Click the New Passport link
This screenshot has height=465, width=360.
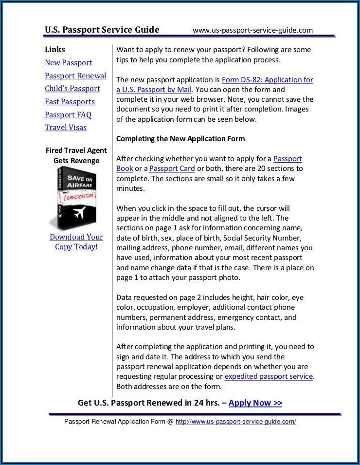pyautogui.click(x=68, y=63)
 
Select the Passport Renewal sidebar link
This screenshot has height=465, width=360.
pyautogui.click(x=75, y=76)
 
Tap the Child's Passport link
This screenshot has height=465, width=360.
pyautogui.click(x=72, y=89)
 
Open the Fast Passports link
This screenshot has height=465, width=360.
pyautogui.click(x=70, y=102)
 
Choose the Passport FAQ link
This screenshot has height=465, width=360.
pyautogui.click(x=68, y=115)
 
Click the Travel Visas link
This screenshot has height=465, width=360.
pyautogui.click(x=66, y=128)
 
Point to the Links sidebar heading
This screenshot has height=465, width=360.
pyautogui.click(x=54, y=50)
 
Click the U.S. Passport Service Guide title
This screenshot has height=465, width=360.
pyautogui.click(x=102, y=30)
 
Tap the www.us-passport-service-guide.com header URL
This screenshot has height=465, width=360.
pyautogui.click(x=252, y=30)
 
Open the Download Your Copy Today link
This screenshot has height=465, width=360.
pyautogui.click(x=76, y=242)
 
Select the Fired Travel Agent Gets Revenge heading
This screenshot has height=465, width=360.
pyautogui.click(x=76, y=155)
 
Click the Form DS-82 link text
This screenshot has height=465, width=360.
pyautogui.click(x=267, y=80)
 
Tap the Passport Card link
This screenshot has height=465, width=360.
pyautogui.click(x=172, y=168)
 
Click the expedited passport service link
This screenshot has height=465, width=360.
pyautogui.click(x=269, y=376)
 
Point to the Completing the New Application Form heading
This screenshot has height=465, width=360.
pyautogui.click(x=180, y=139)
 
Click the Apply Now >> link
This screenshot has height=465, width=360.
pyautogui.click(x=255, y=403)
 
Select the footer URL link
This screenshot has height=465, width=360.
pyautogui.click(x=235, y=422)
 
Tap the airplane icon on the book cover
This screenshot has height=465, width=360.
pyautogui.click(x=79, y=213)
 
